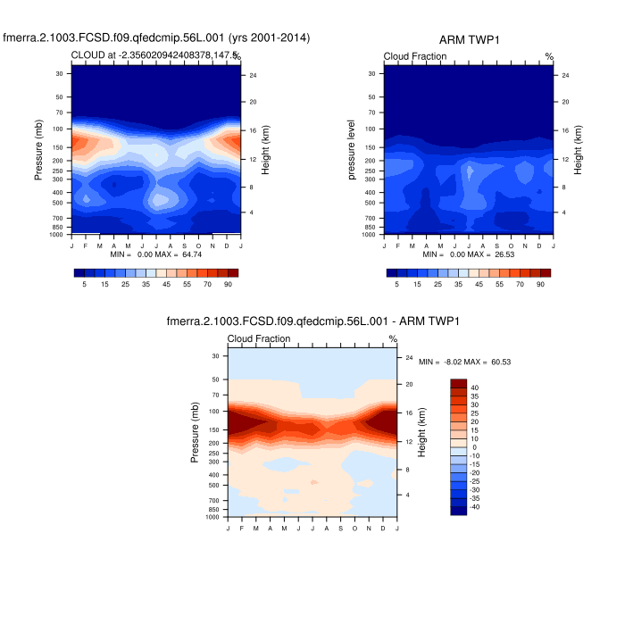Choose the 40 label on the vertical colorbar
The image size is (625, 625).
click(x=474, y=387)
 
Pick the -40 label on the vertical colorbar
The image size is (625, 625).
click(x=476, y=507)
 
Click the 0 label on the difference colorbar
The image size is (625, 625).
click(x=474, y=447)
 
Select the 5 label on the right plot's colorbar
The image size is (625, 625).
click(x=396, y=284)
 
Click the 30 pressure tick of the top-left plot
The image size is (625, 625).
click(x=59, y=73)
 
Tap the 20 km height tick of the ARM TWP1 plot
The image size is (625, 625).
click(x=566, y=102)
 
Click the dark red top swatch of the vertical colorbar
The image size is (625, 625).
click(x=459, y=382)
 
